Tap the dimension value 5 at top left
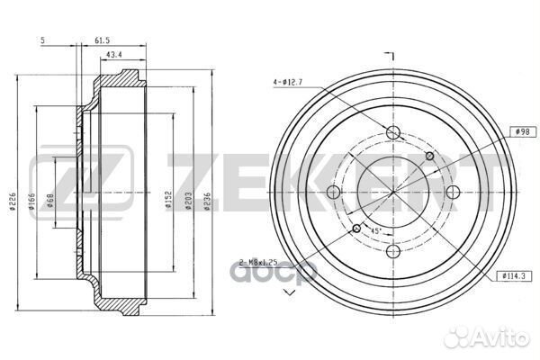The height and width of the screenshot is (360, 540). pyautogui.click(x=42, y=40)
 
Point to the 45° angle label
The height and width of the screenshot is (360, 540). pyautogui.click(x=375, y=232)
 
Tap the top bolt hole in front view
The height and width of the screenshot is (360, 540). pyautogui.click(x=392, y=133)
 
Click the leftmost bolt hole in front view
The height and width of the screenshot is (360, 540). pyautogui.click(x=334, y=192)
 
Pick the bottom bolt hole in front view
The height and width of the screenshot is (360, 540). pyautogui.click(x=392, y=250)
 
